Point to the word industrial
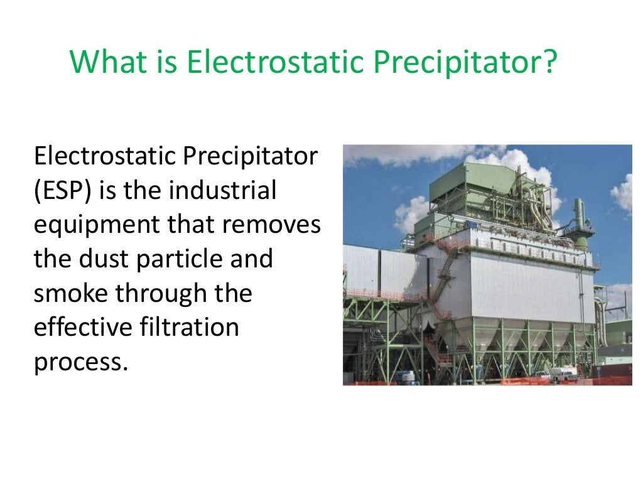tap(222, 190)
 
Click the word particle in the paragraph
tap(182, 259)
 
